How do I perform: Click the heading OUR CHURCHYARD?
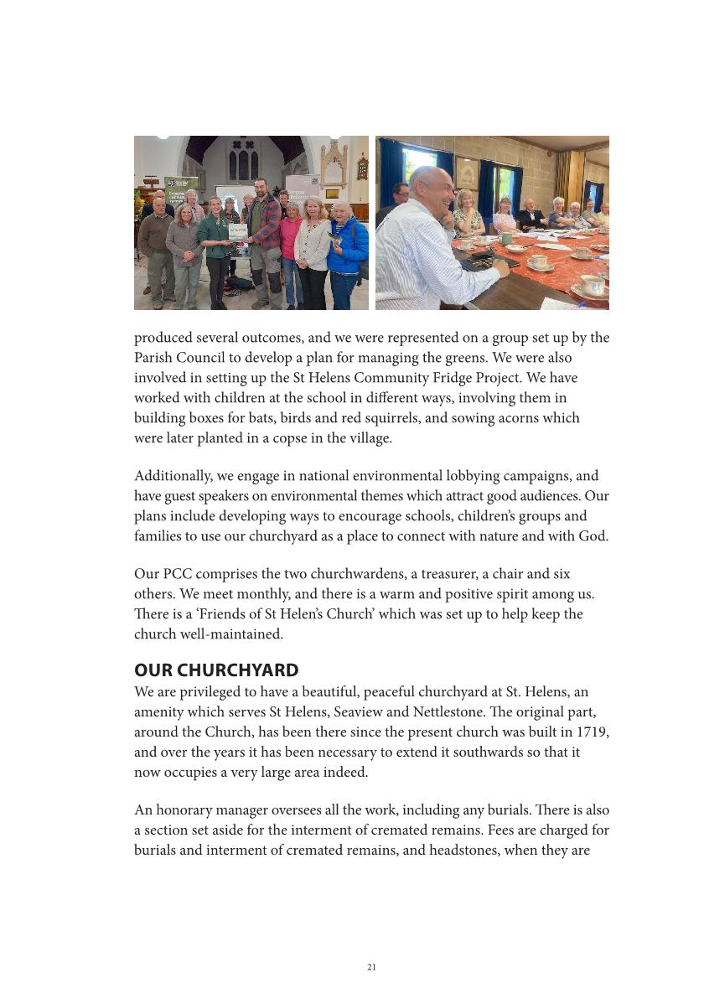pos(216,670)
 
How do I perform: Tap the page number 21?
pos(371,967)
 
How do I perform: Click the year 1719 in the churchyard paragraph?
pos(592,732)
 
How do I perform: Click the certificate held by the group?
pos(239,232)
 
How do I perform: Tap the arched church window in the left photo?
pos(244,161)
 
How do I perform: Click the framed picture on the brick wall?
pos(466,173)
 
